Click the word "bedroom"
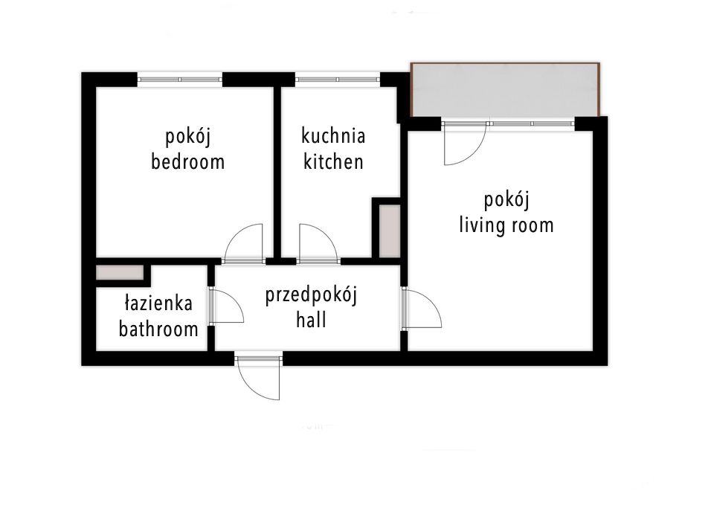[187, 161]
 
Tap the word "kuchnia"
[333, 136]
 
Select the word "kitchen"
[333, 161]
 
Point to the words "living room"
[506, 225]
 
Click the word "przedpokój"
[312, 296]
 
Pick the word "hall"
[312, 321]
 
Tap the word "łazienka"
[159, 303]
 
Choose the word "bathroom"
[159, 329]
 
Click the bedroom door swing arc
[244, 242]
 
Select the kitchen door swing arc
[318, 242]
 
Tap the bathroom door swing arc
[228, 306]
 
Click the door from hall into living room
[422, 308]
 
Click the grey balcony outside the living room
[505, 91]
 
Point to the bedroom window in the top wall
[180, 78]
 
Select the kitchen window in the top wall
[338, 78]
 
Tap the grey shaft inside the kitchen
[387, 231]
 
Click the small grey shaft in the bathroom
[120, 272]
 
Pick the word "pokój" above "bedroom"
[187, 137]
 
